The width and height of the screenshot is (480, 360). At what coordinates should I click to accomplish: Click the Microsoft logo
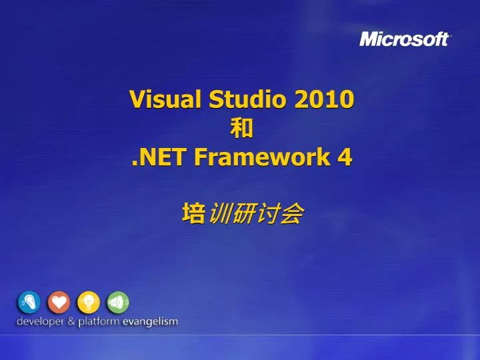pos(405,39)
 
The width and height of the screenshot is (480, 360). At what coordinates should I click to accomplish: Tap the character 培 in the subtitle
pos(193,214)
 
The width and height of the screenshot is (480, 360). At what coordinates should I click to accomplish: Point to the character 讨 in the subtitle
pos(267,214)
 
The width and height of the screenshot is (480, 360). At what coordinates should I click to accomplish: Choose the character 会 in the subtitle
pos(292,214)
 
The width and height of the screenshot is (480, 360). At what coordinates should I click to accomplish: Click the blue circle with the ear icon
pos(29,303)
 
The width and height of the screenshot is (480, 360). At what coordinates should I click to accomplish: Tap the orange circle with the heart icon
pos(59,303)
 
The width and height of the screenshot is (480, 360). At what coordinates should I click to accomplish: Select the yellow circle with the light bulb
pos(89,303)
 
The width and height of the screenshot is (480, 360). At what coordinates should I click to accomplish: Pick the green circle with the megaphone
pos(118,303)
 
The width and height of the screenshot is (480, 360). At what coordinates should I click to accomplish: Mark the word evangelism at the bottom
pos(150,321)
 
